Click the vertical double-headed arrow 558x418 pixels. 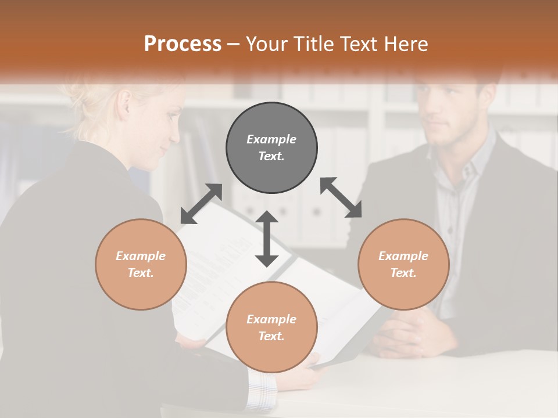click(267, 239)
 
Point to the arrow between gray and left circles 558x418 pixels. click(201, 204)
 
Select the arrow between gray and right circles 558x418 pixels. click(341, 197)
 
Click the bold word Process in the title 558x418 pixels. click(183, 44)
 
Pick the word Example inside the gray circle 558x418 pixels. click(271, 139)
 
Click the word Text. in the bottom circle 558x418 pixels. click(271, 336)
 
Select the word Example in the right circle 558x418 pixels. click(403, 256)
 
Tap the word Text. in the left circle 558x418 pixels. click(141, 273)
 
